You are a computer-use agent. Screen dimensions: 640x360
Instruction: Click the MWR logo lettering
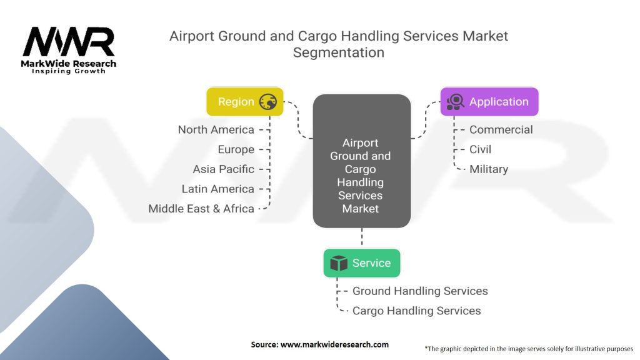69,42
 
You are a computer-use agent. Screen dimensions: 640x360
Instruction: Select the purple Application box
489,102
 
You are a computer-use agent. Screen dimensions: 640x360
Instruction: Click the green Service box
361,263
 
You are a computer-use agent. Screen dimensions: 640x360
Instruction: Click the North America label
216,130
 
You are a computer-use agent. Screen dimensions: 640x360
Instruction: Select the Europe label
236,149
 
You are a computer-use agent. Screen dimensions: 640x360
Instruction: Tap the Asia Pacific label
223,169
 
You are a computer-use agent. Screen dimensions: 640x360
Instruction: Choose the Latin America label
217,189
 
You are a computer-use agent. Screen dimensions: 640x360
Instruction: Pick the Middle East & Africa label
201,209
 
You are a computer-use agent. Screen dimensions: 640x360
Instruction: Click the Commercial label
501,130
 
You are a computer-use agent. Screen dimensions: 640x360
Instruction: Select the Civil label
481,149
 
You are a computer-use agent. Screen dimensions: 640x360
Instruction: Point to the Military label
489,169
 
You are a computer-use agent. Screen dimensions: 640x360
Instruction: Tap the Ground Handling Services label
420,291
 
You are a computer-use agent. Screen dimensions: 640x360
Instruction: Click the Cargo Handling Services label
417,311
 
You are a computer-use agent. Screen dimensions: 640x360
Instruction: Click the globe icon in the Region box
268,102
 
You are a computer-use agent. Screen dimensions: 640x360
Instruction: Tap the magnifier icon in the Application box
455,102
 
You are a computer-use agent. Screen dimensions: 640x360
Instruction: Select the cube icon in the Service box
339,263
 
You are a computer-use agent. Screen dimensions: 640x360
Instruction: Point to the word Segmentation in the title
339,52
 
